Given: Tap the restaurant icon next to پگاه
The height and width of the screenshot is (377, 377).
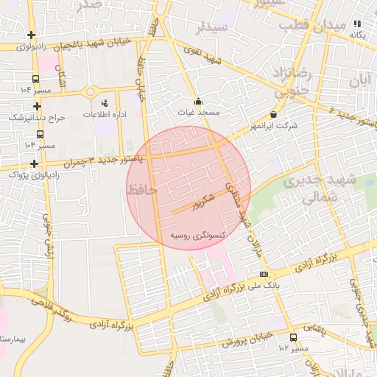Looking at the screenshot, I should pos(358,24).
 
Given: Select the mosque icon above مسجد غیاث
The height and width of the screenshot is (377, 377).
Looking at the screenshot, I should pos(197,102).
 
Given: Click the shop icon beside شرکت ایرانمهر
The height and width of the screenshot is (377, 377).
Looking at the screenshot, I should pos(274,115).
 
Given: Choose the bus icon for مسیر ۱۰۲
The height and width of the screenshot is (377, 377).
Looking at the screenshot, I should pos(294,337).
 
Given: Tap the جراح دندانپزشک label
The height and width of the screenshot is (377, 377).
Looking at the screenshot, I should pos(38,117).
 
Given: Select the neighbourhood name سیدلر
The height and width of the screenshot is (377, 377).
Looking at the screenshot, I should pos(214,28).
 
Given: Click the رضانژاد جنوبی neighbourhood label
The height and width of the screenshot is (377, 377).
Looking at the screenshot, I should pos(295,81).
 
